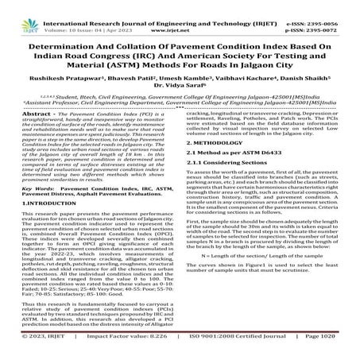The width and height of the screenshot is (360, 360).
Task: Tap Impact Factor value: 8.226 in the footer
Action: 120,347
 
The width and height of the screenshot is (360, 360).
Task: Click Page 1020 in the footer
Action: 327,347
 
